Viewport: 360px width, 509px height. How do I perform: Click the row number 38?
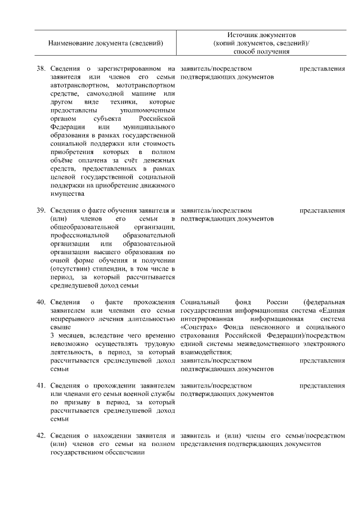40,69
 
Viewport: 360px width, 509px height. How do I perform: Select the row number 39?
40,210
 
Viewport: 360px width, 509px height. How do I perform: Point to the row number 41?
40,386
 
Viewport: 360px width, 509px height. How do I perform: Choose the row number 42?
40,436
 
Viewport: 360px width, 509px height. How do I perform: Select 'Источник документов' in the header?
262,35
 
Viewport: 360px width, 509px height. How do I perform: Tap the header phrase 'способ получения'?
262,52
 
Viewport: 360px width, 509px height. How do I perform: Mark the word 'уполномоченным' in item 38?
147,111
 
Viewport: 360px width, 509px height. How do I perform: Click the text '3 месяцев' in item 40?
65,335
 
